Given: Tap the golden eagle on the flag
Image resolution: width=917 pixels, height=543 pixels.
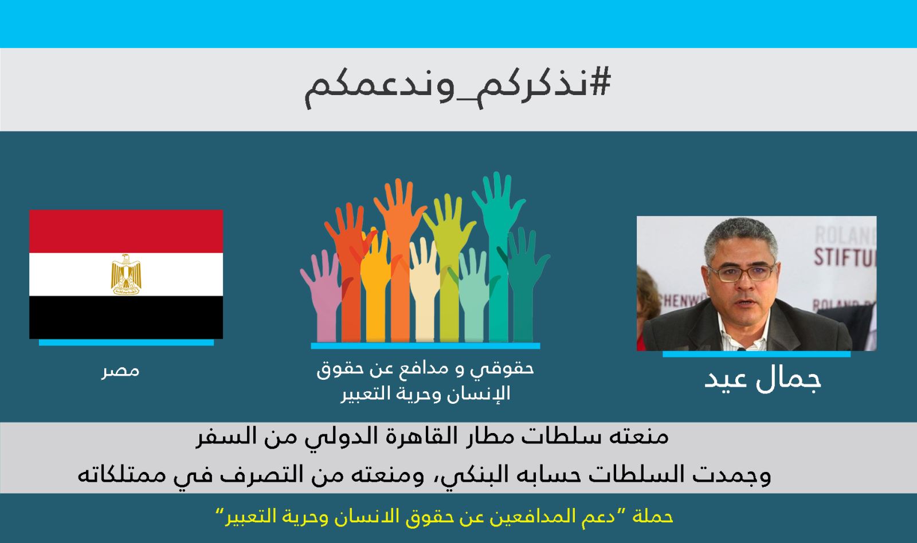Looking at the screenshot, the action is [x=126, y=274].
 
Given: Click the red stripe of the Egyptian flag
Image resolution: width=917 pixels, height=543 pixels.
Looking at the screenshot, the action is [x=126, y=231].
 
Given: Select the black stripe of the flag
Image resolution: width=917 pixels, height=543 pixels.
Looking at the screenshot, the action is [x=126, y=317].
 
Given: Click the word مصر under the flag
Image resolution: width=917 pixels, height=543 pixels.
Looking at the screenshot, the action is [x=120, y=371].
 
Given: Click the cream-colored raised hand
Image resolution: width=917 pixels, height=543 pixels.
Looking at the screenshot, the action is [x=424, y=290].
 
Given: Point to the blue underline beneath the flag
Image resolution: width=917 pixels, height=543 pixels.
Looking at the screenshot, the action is [x=126, y=343].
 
